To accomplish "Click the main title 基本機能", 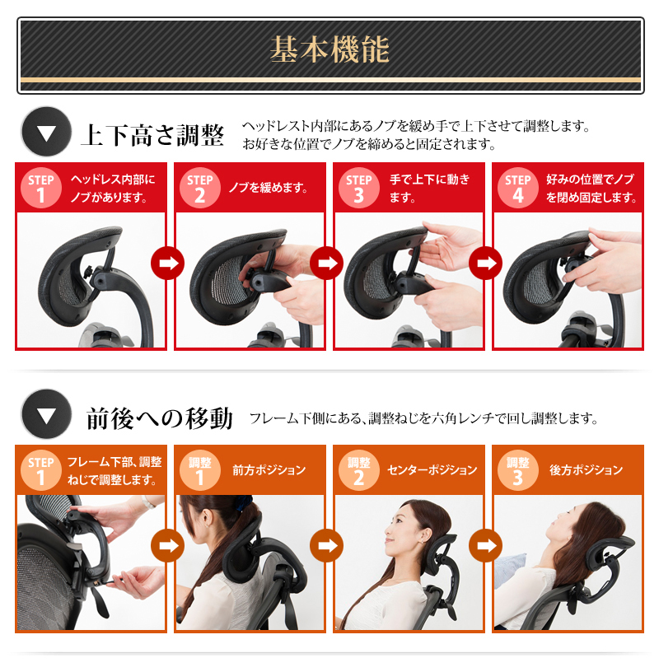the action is tap(329, 49).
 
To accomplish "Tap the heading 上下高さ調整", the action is tap(152, 135).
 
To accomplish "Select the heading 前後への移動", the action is tap(160, 418).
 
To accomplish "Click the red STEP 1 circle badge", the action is tap(40, 188).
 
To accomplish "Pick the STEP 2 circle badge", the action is tap(200, 188).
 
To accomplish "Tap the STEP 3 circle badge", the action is tap(359, 188).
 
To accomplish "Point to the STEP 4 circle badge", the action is tap(518, 188).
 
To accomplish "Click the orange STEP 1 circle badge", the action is tap(40, 470).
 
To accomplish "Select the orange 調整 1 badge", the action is tap(200, 470).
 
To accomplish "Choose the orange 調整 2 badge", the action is tap(359, 470).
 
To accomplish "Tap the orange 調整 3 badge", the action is tap(518, 470).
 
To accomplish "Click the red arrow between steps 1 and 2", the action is tap(168, 264).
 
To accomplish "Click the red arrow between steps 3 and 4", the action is tap(486, 264).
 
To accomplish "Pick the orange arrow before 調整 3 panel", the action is tap(486, 545).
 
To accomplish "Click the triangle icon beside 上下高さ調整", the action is tap(46, 132).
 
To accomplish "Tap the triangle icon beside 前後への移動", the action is tap(46, 414).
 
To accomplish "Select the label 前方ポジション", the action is tap(269, 470).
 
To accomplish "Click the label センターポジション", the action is tap(432, 470).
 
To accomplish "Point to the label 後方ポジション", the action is tap(587, 470).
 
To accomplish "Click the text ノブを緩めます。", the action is tap(269, 188).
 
